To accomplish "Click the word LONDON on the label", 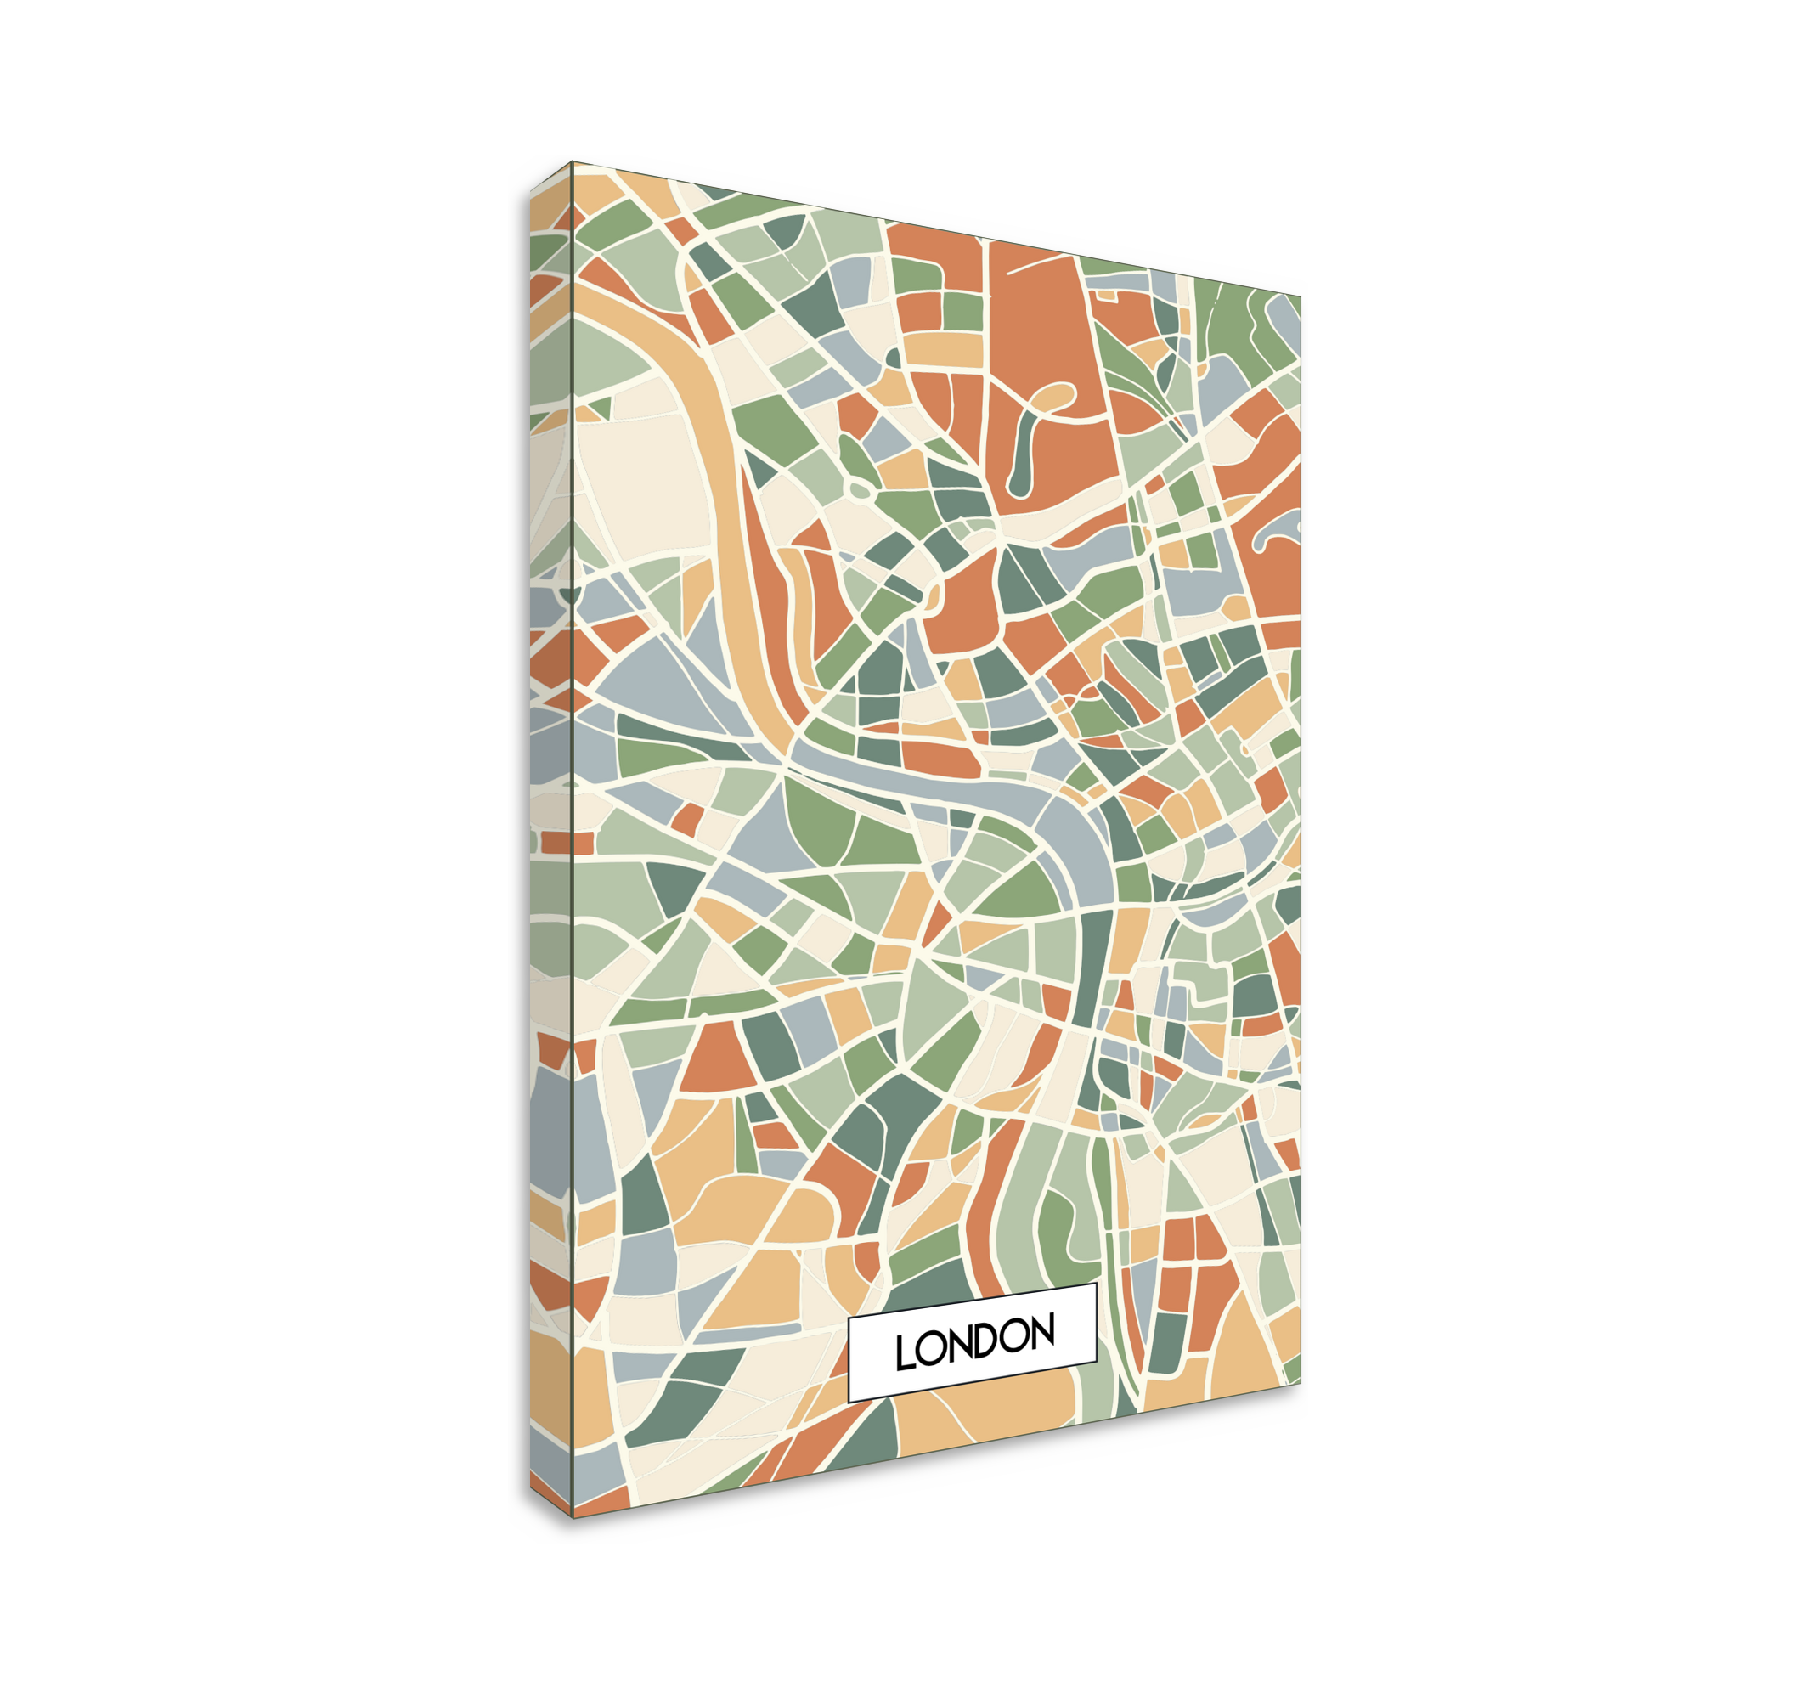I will point(974,1341).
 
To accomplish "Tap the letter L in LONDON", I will point(904,1352).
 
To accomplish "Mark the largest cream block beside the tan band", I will point(645,484).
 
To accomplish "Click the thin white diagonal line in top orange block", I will point(1042,265).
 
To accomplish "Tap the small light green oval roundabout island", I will point(860,490).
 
